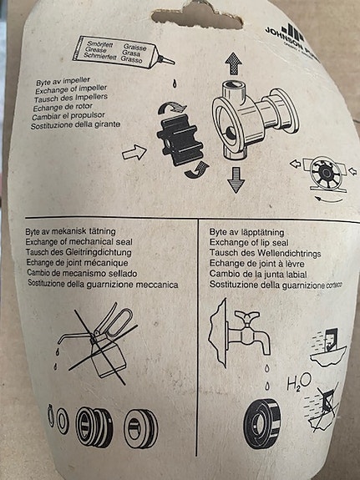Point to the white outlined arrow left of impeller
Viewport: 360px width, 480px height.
click(x=134, y=153)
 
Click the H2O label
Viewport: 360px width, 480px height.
click(x=298, y=385)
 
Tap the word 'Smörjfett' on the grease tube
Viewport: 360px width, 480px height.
click(x=103, y=41)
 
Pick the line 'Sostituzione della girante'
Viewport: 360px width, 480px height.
click(x=79, y=124)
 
